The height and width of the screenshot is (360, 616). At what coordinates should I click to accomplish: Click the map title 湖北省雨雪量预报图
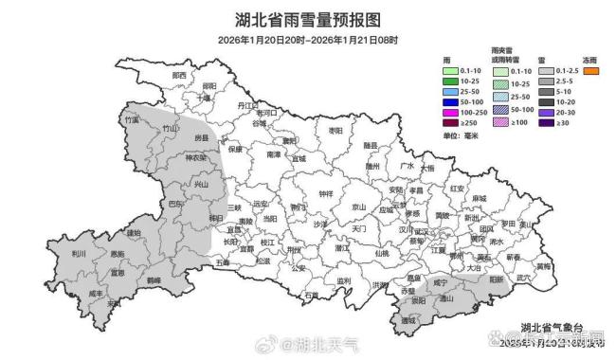pos(307,18)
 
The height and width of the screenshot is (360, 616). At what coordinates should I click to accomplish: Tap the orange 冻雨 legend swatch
pos(592,71)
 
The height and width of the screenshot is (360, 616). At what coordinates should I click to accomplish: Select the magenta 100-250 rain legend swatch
pos(450,111)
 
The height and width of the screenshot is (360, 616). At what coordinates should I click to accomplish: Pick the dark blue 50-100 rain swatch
pos(450,98)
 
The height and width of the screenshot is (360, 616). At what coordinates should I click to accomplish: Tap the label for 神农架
pos(195,158)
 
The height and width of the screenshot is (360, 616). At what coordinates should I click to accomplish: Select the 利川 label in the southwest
pos(80,255)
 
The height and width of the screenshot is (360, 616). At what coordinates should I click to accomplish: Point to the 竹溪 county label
pos(132,121)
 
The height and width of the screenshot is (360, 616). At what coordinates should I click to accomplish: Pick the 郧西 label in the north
pos(179,74)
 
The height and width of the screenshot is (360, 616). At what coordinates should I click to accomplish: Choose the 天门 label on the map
pos(359,228)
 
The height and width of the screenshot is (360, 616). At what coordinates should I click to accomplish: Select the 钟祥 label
pos(326,193)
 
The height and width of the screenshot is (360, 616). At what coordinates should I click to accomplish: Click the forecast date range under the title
pos(307,40)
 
